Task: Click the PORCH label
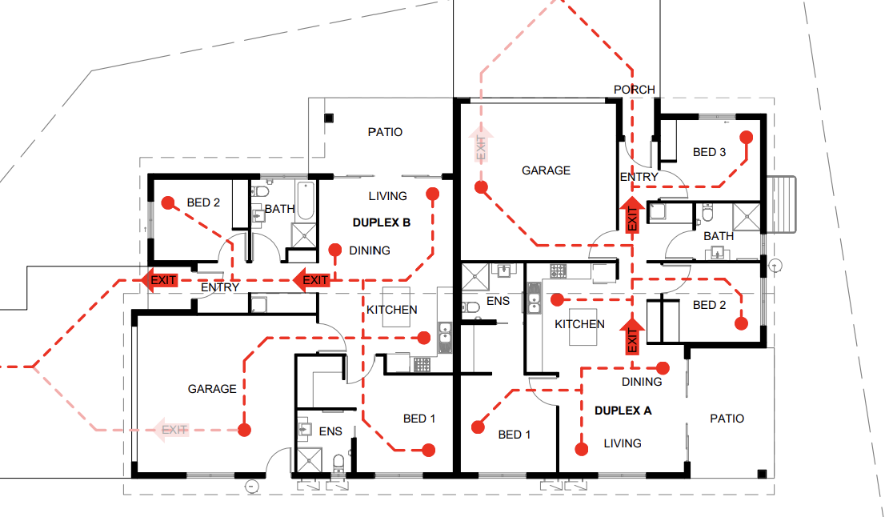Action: coord(634,90)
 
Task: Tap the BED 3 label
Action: coord(710,152)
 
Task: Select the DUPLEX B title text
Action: coord(381,222)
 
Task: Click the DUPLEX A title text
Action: coord(623,410)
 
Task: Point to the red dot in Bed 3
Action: coord(746,137)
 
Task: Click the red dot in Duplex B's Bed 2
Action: coord(168,203)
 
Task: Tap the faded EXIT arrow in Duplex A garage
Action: coord(481,145)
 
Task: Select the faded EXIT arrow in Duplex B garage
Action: coord(171,430)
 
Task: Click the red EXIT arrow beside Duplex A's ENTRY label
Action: coord(631,215)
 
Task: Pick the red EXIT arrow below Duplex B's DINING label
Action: coord(311,280)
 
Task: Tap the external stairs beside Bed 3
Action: coord(783,204)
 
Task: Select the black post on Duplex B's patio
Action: coord(328,118)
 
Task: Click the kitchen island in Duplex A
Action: coord(583,332)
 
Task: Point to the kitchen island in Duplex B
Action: coord(397,307)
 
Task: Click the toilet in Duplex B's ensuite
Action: coord(338,463)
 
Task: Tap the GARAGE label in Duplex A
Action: coord(546,170)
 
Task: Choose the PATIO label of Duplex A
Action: coord(727,419)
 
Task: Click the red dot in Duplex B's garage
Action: coord(245,430)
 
